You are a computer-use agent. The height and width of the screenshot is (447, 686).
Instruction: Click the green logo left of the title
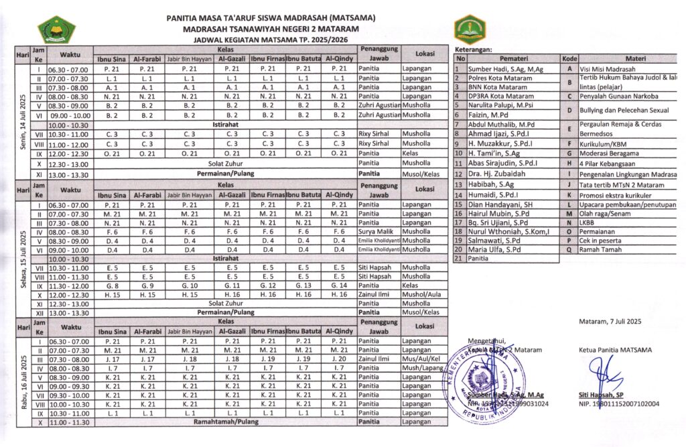click(x=56, y=29)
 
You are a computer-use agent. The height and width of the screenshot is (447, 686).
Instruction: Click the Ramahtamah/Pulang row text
click(x=226, y=422)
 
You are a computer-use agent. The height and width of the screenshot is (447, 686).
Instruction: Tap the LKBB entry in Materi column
click(x=588, y=222)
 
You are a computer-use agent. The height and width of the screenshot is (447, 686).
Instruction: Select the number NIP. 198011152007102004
click(x=619, y=404)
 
